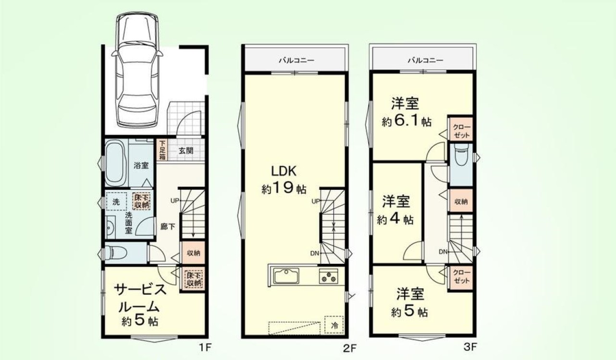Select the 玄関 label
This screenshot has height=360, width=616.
[x=186, y=151]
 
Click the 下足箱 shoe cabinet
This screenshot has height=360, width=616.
[x=162, y=150]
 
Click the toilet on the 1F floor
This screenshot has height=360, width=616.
[x=116, y=253]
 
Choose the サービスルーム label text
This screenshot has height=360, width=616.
[x=139, y=298]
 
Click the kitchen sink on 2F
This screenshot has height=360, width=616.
[x=286, y=275]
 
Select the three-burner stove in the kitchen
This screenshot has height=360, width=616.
[x=328, y=276]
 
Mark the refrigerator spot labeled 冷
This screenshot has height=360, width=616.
[x=334, y=325]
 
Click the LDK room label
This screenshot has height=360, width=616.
[x=284, y=171]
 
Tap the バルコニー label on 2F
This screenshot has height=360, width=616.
[x=296, y=60]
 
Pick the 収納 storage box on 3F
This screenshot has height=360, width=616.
[x=461, y=201]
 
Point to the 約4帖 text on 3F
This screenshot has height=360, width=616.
[x=395, y=220]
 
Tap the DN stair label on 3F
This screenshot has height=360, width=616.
[x=443, y=251]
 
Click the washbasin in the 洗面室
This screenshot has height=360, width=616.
[x=111, y=227]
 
